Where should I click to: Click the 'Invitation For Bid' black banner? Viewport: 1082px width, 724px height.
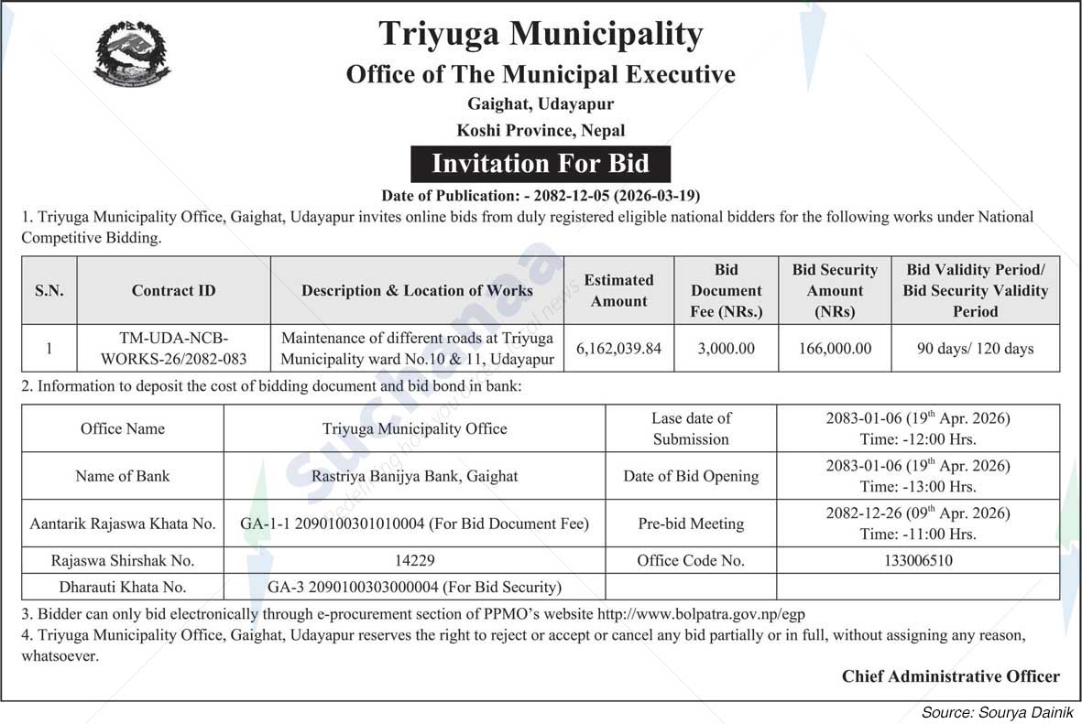pyautogui.click(x=540, y=164)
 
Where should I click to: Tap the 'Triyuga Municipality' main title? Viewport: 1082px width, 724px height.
pyautogui.click(x=541, y=34)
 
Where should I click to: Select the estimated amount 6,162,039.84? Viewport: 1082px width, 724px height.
pyautogui.click(x=618, y=349)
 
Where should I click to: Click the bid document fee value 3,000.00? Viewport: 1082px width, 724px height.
pyautogui.click(x=726, y=349)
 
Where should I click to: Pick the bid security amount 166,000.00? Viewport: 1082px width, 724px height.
pyautogui.click(x=835, y=349)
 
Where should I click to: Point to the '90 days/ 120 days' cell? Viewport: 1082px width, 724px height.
pyautogui.click(x=975, y=349)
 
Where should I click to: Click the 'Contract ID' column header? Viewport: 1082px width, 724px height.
pyautogui.click(x=173, y=290)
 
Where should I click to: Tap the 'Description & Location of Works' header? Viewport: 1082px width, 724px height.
pyautogui.click(x=417, y=290)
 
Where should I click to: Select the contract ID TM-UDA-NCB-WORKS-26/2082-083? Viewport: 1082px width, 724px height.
pyautogui.click(x=173, y=349)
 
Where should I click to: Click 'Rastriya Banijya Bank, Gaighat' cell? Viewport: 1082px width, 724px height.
pyautogui.click(x=414, y=476)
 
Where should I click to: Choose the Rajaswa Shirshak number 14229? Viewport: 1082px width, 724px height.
pyautogui.click(x=414, y=560)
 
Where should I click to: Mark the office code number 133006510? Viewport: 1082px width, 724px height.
pyautogui.click(x=918, y=560)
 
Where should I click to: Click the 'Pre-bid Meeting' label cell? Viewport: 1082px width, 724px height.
pyautogui.click(x=691, y=524)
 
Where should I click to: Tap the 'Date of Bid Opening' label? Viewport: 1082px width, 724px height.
pyautogui.click(x=691, y=476)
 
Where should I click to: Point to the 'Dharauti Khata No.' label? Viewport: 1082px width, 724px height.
pyautogui.click(x=122, y=587)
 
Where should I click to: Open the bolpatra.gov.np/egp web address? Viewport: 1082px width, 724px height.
pyautogui.click(x=701, y=614)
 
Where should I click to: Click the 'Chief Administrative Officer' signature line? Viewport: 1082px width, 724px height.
pyautogui.click(x=950, y=676)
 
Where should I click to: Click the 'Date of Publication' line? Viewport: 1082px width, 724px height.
pyautogui.click(x=541, y=195)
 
